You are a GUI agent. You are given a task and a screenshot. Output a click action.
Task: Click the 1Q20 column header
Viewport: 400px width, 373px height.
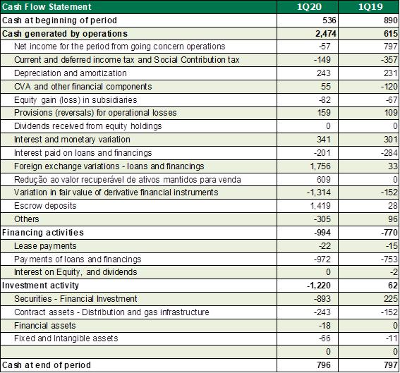[310, 6]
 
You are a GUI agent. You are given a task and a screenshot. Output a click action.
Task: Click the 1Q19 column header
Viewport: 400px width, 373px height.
[370, 6]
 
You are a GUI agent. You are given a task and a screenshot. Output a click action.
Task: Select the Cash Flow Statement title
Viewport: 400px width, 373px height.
[47, 6]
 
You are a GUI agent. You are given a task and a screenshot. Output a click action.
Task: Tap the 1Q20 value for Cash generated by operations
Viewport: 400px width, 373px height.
[326, 34]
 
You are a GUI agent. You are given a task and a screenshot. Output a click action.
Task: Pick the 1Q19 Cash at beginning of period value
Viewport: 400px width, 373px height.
[391, 20]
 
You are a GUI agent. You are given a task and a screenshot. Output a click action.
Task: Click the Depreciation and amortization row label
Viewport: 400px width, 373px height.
[71, 73]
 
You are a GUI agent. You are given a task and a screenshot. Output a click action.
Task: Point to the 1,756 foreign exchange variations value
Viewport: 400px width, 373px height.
[320, 166]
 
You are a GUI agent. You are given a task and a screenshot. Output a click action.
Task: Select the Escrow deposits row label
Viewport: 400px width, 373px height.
[45, 206]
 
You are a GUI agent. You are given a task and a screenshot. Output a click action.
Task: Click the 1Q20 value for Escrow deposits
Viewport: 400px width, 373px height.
[320, 206]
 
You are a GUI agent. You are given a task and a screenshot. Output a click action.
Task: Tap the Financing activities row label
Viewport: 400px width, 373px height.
[43, 233]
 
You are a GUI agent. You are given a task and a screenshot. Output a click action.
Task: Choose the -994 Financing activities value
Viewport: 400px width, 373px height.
[322, 233]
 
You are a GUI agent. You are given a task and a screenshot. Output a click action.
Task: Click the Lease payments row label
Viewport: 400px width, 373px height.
[45, 246]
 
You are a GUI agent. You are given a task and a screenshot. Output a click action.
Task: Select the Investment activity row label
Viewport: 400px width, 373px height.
[40, 286]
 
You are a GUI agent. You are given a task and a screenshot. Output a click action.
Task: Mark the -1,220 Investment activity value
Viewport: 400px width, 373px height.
[319, 286]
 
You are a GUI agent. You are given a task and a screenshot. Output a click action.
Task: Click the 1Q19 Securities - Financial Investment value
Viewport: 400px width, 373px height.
[391, 299]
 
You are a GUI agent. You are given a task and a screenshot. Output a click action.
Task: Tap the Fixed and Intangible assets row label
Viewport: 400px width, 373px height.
[66, 338]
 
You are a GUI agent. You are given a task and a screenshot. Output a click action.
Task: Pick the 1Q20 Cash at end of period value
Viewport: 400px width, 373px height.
[324, 365]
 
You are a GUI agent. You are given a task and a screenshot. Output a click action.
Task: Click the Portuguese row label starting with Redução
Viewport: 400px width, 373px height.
[128, 180]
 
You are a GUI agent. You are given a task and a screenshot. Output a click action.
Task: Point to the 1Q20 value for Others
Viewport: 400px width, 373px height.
[322, 219]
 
